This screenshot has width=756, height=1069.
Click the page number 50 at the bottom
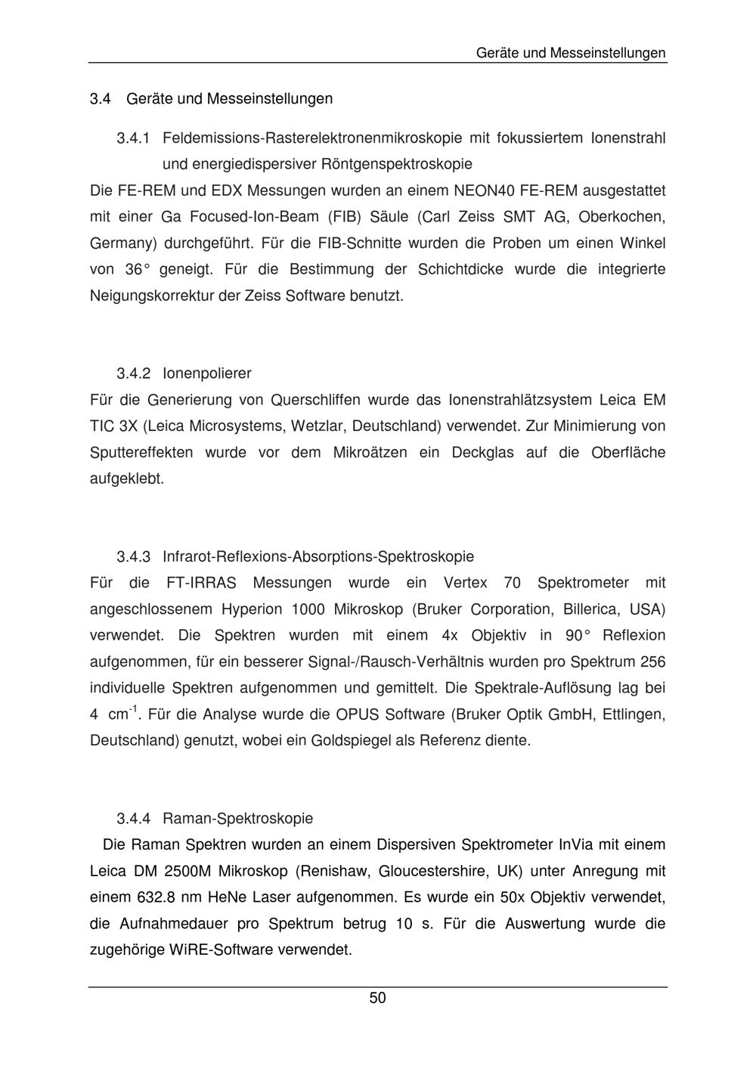coord(377,998)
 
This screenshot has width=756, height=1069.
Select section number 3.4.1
coord(134,138)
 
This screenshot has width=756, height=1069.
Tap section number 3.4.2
coord(134,373)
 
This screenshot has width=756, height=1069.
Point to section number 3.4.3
coord(134,557)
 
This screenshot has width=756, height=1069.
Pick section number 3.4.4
coord(134,819)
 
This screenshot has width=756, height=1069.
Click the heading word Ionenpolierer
coord(206,373)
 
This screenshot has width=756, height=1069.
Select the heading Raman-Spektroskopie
coord(237,819)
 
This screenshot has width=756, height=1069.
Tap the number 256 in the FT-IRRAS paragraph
coord(652,662)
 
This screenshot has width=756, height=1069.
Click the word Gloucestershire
coord(432,871)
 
